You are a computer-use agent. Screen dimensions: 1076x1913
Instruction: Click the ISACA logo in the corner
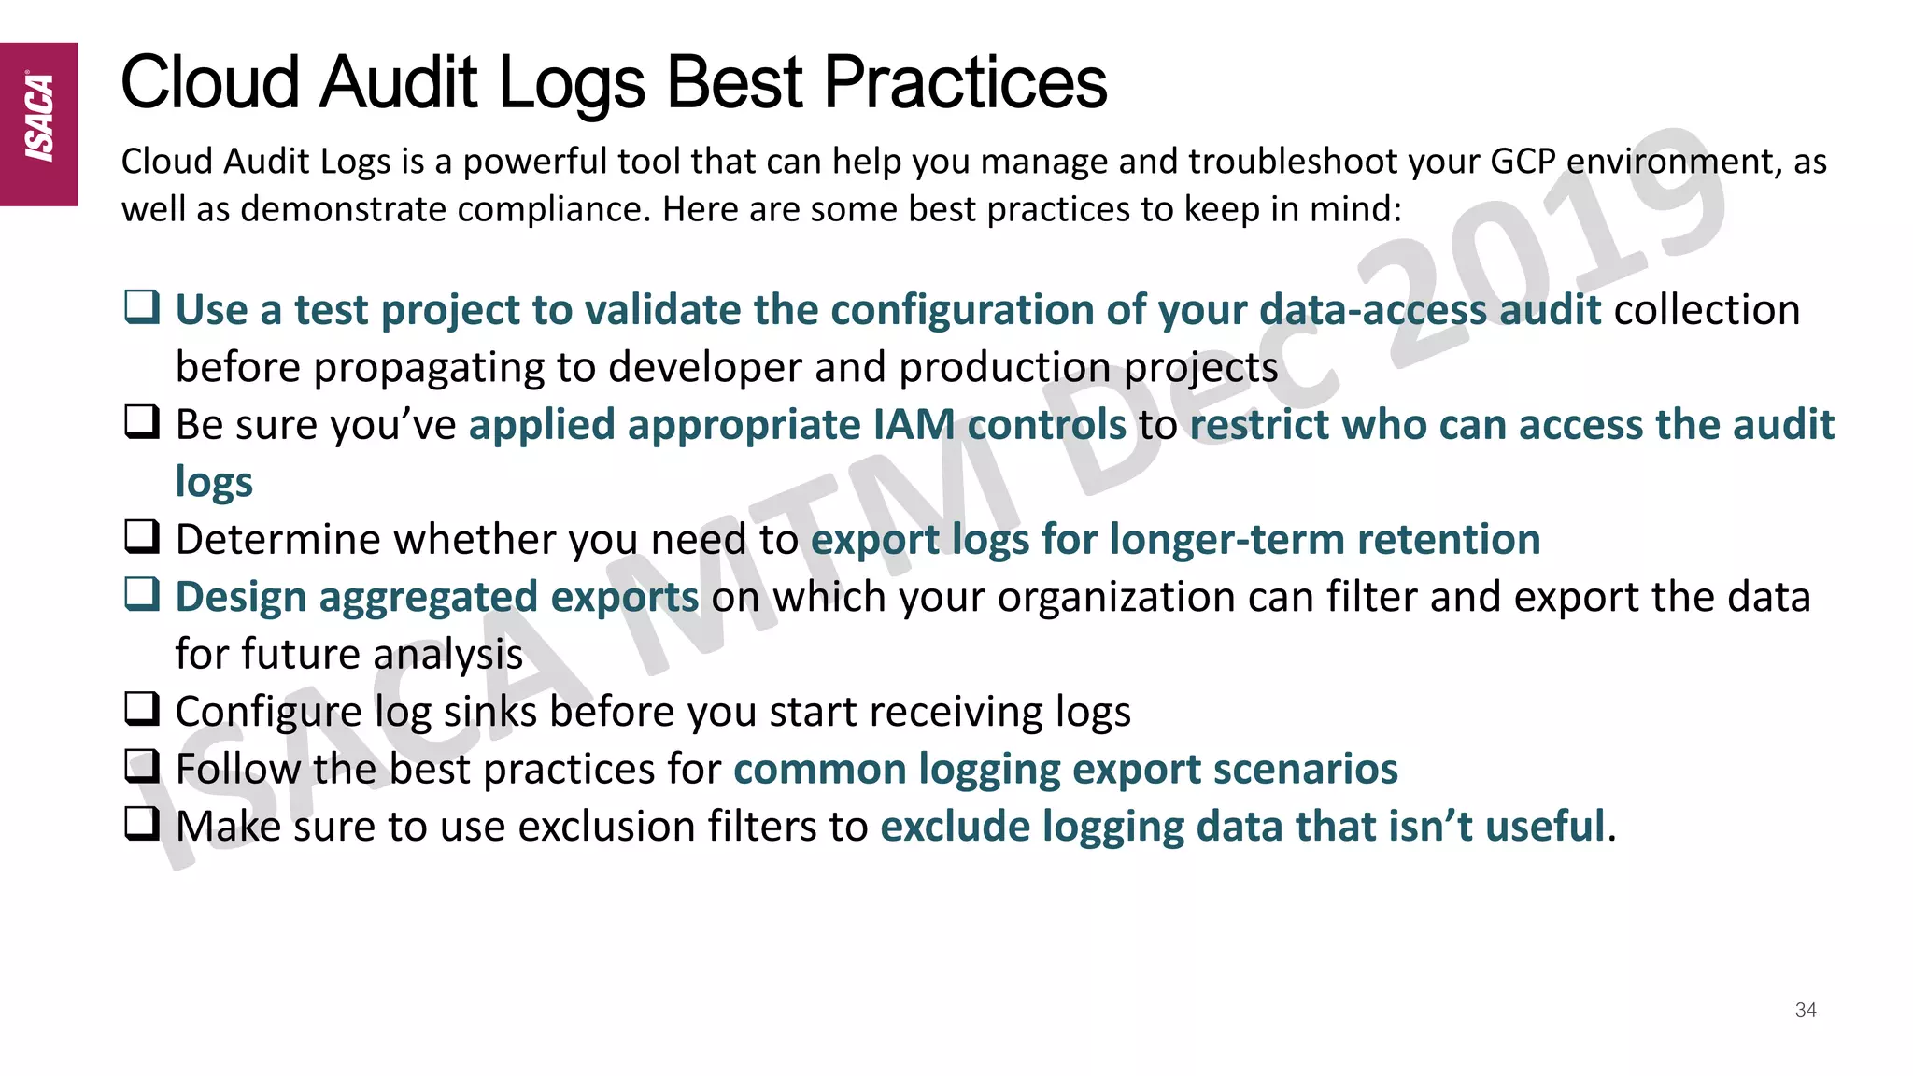(38, 122)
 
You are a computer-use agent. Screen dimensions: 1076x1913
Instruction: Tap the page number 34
(1805, 1010)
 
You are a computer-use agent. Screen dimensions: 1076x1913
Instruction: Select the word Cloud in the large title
(210, 83)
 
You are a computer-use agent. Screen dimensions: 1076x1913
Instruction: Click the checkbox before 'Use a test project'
(142, 306)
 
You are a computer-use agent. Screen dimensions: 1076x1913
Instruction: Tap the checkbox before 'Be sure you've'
(142, 421)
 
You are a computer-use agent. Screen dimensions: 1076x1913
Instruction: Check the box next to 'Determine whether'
(142, 536)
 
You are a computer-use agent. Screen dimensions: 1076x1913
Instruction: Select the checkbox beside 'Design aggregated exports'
(142, 593)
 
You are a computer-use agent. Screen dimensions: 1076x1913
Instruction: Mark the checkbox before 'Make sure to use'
(142, 823)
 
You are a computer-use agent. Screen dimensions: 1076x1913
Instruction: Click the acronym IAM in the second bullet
(914, 425)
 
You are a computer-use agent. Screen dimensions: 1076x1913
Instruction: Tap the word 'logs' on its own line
(214, 483)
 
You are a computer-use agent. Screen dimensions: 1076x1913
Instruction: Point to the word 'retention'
(1448, 540)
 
